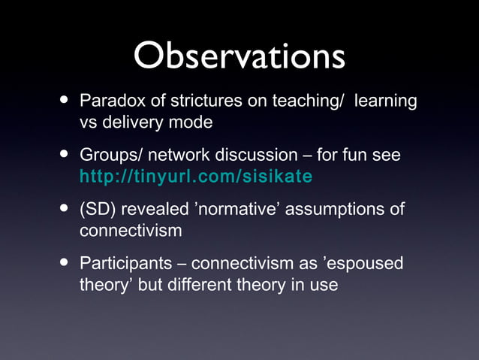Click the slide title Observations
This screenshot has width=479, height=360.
(x=239, y=57)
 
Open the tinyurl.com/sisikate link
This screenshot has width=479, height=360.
(x=196, y=177)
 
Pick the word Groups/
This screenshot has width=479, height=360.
(x=111, y=156)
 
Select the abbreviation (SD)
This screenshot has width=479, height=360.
(x=98, y=210)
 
